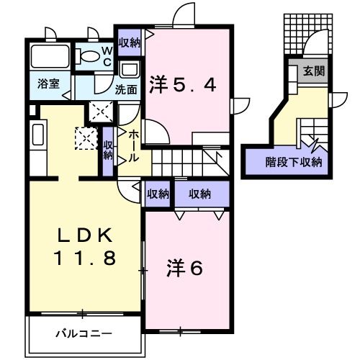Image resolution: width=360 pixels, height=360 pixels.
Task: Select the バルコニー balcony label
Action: pyautogui.click(x=84, y=333)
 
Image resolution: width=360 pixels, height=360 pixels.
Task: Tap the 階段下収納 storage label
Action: pyautogui.click(x=292, y=161)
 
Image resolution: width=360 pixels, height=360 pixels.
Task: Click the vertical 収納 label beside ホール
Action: pyautogui.click(x=109, y=149)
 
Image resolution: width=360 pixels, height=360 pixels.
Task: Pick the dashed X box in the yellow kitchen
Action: pyautogui.click(x=85, y=137)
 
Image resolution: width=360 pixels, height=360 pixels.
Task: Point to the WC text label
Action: pyautogui.click(x=106, y=55)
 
